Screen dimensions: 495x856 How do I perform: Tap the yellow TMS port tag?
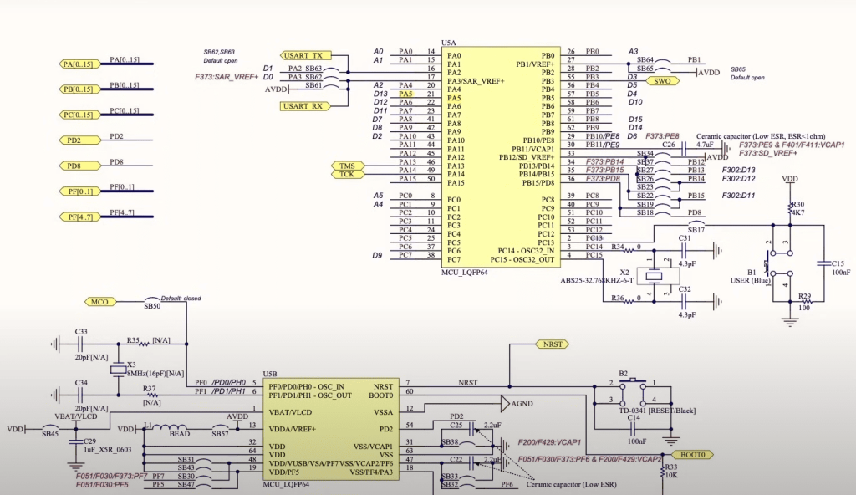(347, 166)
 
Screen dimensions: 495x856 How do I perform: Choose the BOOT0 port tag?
(693, 455)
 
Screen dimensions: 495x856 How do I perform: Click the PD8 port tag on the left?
(74, 166)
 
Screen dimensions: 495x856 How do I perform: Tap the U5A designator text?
(449, 43)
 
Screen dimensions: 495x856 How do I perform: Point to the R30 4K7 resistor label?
(798, 208)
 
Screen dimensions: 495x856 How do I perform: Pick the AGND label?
(522, 404)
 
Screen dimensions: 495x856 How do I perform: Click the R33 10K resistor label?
(670, 471)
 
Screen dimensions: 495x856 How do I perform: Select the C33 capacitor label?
(81, 332)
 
